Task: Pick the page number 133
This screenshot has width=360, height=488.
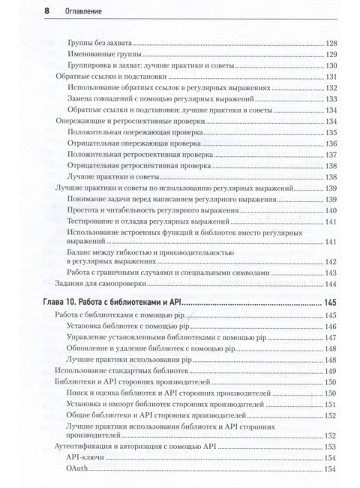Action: coord(331,99)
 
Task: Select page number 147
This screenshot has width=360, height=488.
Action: coord(331,339)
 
